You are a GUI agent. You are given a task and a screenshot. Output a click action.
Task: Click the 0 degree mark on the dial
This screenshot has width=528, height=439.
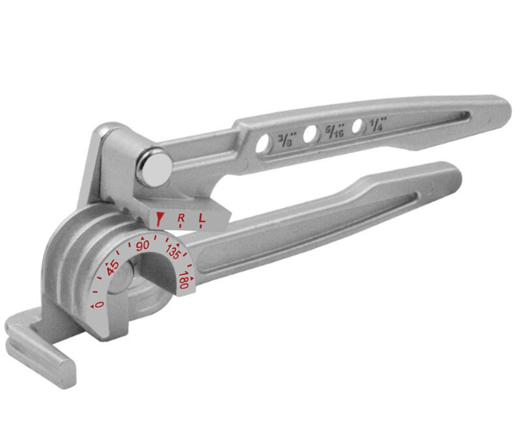tap(97, 303)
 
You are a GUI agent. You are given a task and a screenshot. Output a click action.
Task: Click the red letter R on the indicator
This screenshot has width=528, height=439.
tap(180, 219)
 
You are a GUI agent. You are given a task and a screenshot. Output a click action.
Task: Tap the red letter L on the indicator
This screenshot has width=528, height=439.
tap(202, 219)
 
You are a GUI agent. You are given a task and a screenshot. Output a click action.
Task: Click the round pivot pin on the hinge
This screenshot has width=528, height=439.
tap(156, 167)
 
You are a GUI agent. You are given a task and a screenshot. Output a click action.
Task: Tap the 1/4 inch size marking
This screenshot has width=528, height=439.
tap(378, 124)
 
